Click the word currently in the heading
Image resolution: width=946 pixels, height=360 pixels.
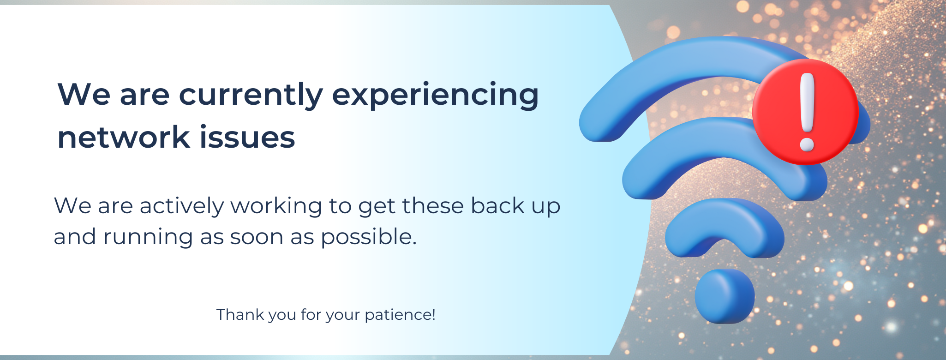click(x=251, y=96)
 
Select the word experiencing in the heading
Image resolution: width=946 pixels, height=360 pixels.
click(x=435, y=96)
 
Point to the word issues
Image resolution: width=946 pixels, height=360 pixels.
click(x=247, y=137)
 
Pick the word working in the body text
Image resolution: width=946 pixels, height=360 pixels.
click(x=276, y=206)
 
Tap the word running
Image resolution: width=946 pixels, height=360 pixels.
click(x=148, y=237)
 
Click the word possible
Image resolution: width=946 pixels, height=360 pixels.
click(x=369, y=237)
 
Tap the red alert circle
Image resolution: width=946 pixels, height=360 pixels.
click(x=805, y=112)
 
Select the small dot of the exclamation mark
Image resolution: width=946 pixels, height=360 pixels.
click(x=807, y=144)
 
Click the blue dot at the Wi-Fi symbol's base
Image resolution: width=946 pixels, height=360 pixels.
click(x=724, y=296)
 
